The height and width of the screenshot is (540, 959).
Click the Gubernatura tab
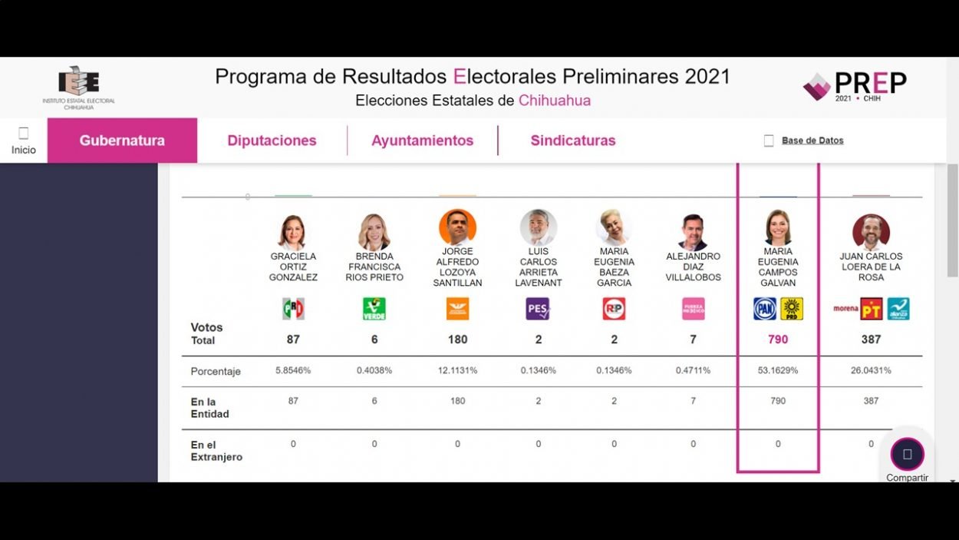122,141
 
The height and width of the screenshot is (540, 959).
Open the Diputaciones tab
272,141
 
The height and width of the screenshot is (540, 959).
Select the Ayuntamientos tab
422,141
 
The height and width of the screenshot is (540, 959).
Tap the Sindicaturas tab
573,141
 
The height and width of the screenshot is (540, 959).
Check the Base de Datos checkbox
769,141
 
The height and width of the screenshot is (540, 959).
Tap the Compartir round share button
907,454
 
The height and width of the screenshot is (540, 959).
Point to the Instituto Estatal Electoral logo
78,87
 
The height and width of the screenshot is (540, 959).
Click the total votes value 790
778,340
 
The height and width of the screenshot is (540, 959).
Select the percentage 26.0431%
871,370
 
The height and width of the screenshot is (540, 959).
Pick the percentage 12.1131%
457,370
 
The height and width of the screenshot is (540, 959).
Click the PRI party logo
293,309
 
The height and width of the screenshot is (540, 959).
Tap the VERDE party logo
374,309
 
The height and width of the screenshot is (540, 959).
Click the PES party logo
538,309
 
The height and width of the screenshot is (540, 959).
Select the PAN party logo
765,309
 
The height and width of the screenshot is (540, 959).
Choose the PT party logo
872,309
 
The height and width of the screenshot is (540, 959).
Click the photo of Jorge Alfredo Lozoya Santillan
457,227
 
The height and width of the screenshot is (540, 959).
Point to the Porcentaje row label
216,372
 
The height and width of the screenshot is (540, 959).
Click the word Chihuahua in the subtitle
555,101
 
